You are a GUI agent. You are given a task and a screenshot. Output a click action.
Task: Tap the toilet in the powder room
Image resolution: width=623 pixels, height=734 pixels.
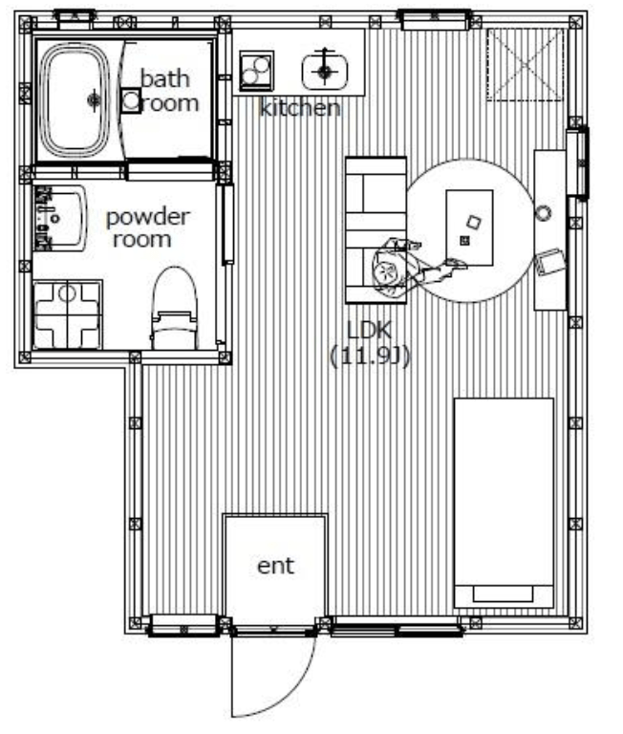(x=174, y=309)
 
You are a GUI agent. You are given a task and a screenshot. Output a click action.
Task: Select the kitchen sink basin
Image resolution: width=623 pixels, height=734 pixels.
(x=324, y=71)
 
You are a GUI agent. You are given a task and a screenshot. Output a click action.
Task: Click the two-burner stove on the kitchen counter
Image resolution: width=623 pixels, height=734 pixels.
(x=256, y=71)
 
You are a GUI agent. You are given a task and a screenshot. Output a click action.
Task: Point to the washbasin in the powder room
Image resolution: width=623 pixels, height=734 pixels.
(x=59, y=218)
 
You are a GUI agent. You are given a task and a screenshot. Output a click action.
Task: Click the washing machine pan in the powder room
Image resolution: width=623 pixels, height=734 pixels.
(x=68, y=314)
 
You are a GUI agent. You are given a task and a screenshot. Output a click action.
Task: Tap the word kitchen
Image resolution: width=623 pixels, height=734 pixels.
(x=300, y=108)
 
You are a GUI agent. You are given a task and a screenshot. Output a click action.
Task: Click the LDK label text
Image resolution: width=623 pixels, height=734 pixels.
(x=369, y=330)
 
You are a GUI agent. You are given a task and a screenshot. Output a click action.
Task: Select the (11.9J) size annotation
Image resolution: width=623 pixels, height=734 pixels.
(x=370, y=356)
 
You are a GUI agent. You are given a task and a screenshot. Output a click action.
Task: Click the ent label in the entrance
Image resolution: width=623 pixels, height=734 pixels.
(x=276, y=566)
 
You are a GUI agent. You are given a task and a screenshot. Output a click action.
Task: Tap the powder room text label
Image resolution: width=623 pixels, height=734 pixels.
(x=147, y=228)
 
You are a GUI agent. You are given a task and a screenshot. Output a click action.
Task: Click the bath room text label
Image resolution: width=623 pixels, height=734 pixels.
(x=168, y=91)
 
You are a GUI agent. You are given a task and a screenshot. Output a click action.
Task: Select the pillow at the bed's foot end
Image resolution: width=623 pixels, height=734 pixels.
(x=503, y=594)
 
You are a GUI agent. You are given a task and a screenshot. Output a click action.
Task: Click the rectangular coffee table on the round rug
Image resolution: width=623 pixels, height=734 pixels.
(x=469, y=227)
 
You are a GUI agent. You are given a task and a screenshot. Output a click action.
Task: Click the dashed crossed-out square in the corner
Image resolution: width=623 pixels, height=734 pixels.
(x=526, y=64)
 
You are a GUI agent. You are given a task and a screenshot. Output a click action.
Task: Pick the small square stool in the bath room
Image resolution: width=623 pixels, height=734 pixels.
(x=131, y=100)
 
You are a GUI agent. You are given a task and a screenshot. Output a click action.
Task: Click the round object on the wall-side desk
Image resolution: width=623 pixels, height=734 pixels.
(x=544, y=213)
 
